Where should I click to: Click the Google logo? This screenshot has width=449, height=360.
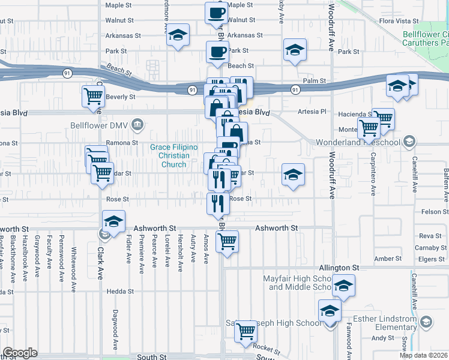20,353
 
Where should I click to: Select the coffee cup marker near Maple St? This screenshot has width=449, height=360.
216,13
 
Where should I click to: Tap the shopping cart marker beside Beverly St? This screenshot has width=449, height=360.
93,97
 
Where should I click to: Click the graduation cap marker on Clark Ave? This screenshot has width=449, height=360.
113,221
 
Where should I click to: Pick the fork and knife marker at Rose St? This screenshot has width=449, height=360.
218,203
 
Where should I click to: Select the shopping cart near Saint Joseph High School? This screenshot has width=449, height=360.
246,331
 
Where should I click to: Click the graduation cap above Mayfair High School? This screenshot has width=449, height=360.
344,286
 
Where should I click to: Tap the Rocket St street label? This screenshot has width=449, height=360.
267,349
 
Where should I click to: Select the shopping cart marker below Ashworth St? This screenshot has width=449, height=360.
227,242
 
